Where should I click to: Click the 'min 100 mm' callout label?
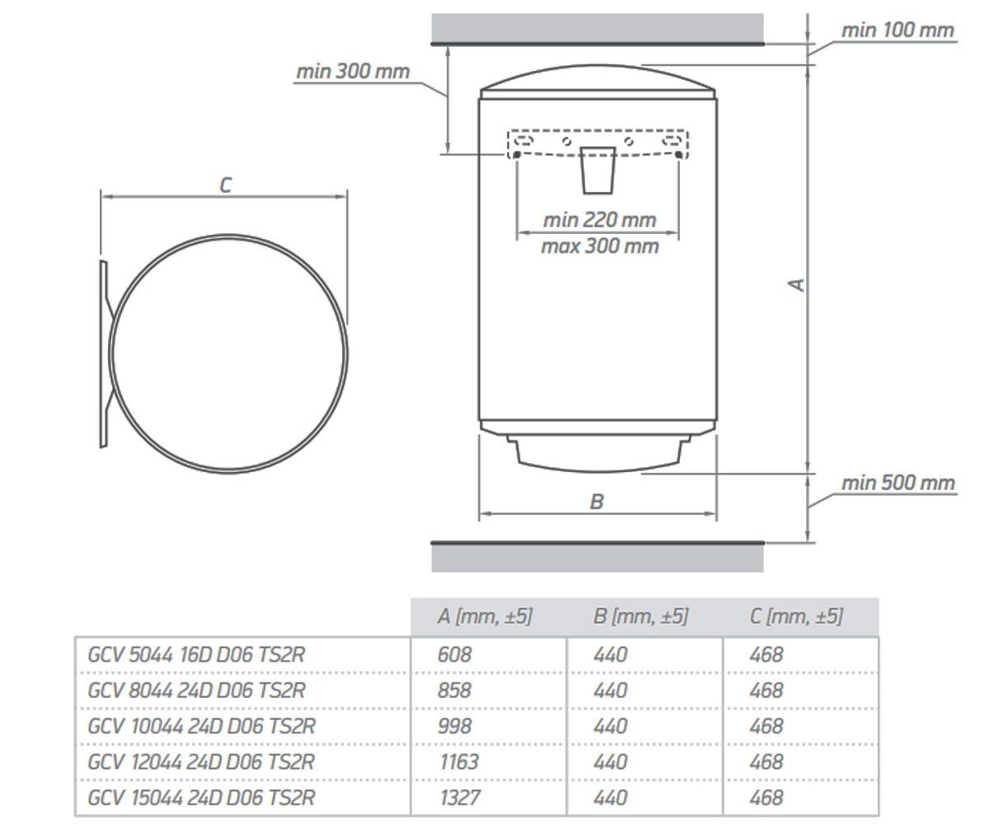click(898, 30)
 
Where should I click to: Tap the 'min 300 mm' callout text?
click(353, 72)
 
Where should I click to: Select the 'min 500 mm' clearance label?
click(898, 483)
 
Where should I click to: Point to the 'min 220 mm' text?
click(599, 220)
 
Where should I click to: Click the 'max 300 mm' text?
click(600, 246)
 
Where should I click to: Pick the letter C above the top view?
click(226, 185)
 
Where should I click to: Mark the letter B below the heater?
click(597, 502)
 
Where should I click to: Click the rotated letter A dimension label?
click(797, 284)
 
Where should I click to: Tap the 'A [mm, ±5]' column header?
click(485, 616)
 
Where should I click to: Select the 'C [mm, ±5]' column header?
click(796, 616)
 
